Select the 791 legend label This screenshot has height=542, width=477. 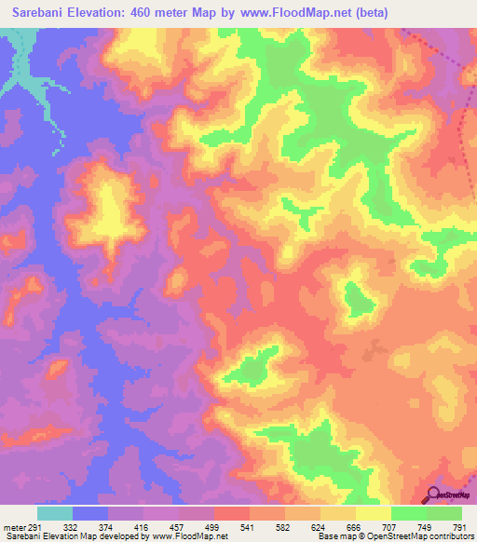(x=460, y=528)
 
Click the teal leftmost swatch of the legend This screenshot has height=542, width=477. (x=55, y=513)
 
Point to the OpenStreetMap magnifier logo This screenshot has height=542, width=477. (x=433, y=495)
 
